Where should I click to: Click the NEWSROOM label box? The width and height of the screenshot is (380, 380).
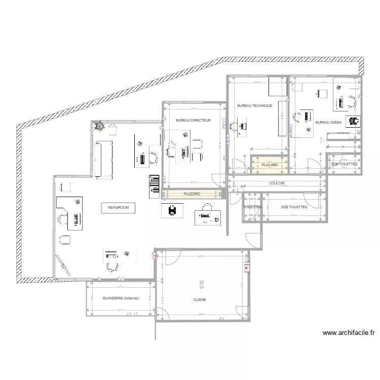coord(118,207)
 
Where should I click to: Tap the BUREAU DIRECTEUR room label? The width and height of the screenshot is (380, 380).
coord(190,121)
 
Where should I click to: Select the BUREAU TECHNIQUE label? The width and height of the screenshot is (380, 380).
coord(255,105)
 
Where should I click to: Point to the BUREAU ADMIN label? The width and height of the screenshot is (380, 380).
coord(328,123)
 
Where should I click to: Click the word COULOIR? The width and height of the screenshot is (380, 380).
coord(277,183)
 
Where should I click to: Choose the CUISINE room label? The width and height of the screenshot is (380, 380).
coord(200,300)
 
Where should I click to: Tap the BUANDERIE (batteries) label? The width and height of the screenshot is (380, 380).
coord(120,298)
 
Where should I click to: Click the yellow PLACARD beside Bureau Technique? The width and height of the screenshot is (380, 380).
coord(270,165)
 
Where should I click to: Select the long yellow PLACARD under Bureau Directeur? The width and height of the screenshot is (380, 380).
coord(193,194)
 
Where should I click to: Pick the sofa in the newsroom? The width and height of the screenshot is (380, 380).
coord(103,159)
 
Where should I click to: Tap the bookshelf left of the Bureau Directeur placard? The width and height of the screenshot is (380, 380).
coord(154,186)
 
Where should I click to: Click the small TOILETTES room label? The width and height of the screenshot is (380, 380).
coord(252,207)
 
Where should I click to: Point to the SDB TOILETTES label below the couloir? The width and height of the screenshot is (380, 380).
coord(294,207)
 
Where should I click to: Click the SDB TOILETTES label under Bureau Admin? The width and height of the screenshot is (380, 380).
coord(345,164)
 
